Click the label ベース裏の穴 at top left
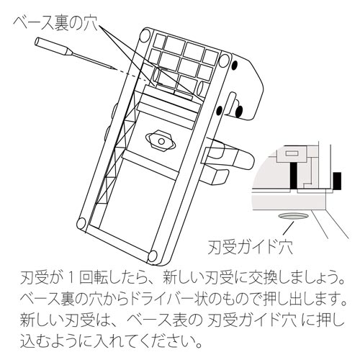[x=55, y=24]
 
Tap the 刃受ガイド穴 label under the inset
[x=251, y=246]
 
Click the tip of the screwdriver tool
[x=115, y=69]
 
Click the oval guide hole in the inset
[x=293, y=216]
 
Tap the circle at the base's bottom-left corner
[x=81, y=224]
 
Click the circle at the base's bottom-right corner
[x=152, y=256]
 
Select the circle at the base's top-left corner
[x=145, y=35]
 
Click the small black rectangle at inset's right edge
[x=337, y=180]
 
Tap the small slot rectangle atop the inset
[x=292, y=153]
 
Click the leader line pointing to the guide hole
[x=288, y=228]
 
